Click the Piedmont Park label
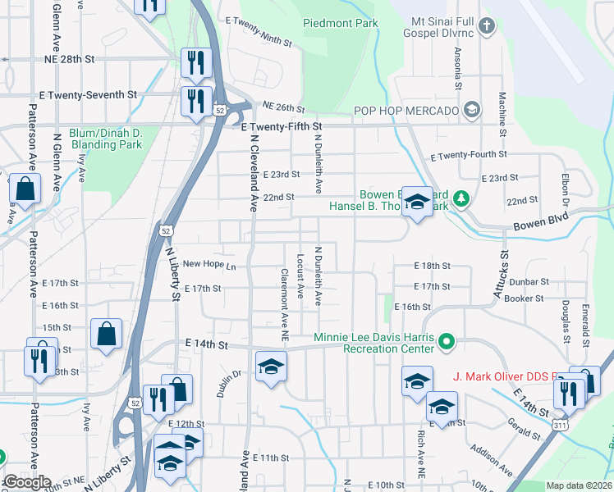pyautogui.click(x=341, y=23)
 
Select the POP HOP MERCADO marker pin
pyautogui.click(x=472, y=110)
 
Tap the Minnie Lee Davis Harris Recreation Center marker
pyautogui.click(x=447, y=339)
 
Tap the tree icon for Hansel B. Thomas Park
pyautogui.click(x=462, y=198)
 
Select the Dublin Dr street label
pyautogui.click(x=227, y=383)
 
